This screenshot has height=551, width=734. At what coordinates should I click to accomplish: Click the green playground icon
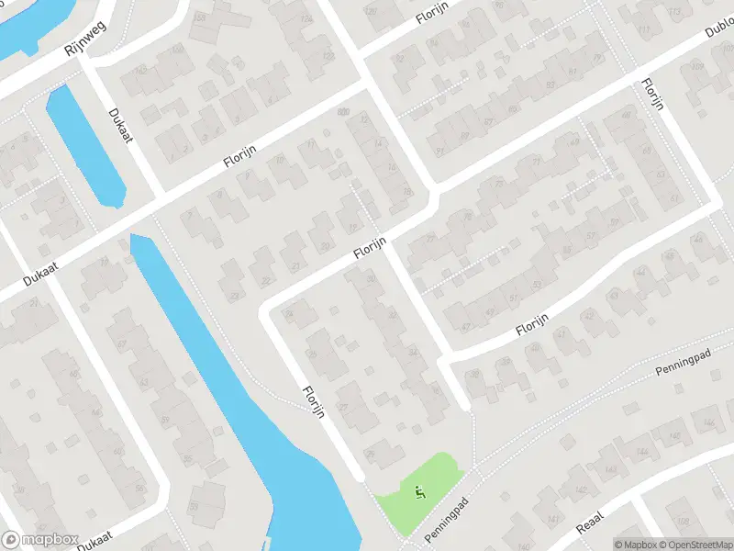pyautogui.click(x=420, y=492)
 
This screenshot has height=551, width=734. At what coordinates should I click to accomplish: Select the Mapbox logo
pyautogui.click(x=39, y=540)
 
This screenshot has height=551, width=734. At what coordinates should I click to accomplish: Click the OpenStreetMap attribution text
pyautogui.click(x=689, y=545)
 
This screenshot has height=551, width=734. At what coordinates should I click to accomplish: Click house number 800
pyautogui.click(x=344, y=112)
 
